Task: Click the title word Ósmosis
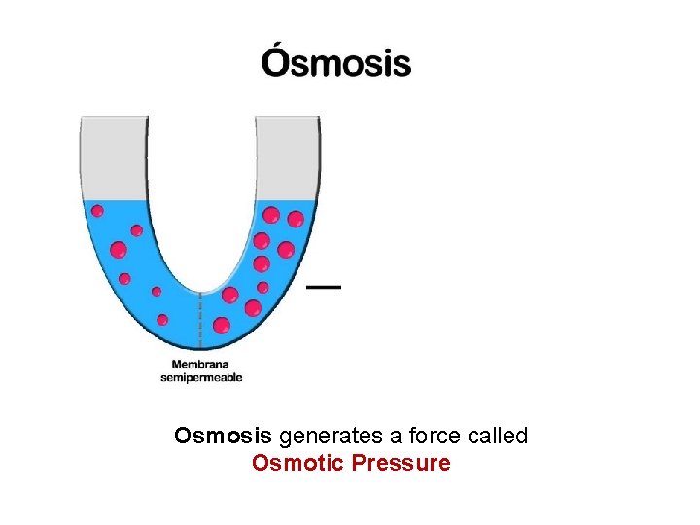click(x=335, y=63)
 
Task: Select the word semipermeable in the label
click(x=201, y=377)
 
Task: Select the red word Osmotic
click(x=297, y=463)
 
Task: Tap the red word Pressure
click(x=402, y=463)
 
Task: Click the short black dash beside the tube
click(x=324, y=287)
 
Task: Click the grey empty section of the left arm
click(x=113, y=157)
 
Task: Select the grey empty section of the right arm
click(x=287, y=157)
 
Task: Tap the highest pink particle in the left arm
click(x=97, y=210)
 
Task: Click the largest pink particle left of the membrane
click(x=119, y=250)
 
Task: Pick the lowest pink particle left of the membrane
click(x=162, y=319)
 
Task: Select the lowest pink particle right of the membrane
click(x=222, y=325)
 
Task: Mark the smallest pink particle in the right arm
click(x=262, y=287)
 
